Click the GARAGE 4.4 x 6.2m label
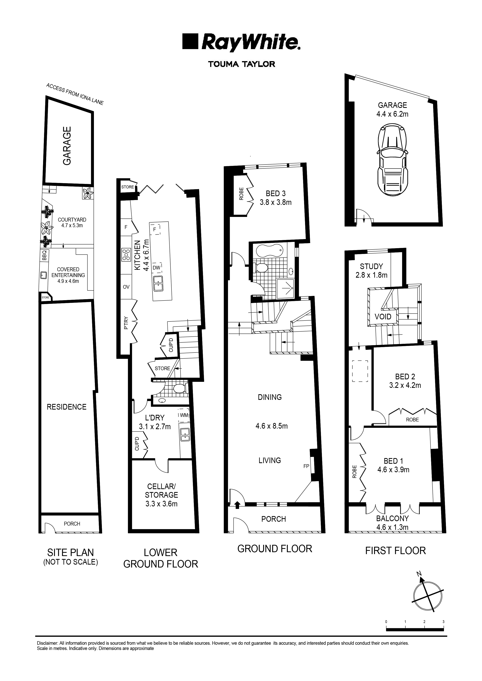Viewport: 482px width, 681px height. point(392,109)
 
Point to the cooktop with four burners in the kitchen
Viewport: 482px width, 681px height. point(126,255)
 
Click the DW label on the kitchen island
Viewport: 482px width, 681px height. point(156,268)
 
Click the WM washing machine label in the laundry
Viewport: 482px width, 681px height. point(184,415)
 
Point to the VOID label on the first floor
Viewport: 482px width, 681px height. point(383,317)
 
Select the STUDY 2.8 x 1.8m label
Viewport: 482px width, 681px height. point(371,271)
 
